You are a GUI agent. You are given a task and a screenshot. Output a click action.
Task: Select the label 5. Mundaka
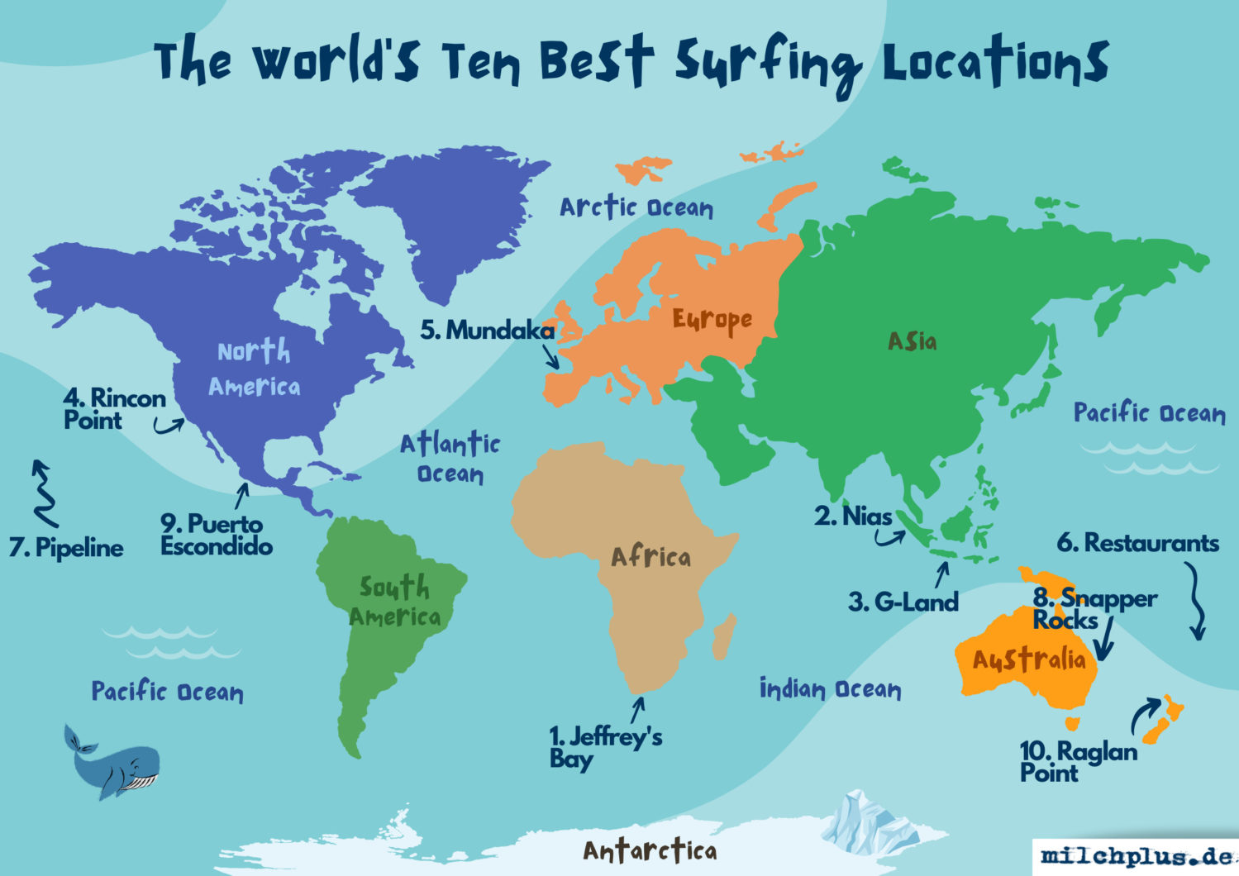(x=487, y=331)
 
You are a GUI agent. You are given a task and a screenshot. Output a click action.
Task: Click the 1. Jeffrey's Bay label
(x=605, y=747)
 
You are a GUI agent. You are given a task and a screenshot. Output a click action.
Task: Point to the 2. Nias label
(x=853, y=517)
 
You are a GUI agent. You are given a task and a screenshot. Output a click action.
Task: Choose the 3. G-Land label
(x=903, y=602)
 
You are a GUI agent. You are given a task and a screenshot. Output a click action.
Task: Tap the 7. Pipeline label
(x=66, y=547)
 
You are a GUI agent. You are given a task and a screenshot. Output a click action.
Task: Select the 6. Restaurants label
(x=1137, y=543)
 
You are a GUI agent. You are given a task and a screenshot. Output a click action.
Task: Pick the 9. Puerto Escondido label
(x=216, y=535)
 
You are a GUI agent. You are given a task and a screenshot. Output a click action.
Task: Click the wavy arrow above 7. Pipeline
(x=44, y=493)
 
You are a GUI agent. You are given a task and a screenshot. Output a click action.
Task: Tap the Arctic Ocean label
(x=636, y=207)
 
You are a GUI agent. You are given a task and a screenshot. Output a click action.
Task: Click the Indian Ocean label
(x=830, y=688)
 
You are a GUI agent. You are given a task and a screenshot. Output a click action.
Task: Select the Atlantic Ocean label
(x=450, y=458)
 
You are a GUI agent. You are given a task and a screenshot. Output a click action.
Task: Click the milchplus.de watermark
(x=1136, y=856)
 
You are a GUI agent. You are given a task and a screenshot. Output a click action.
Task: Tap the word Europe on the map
(x=712, y=321)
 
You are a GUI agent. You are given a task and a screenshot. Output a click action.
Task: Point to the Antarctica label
(x=650, y=850)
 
